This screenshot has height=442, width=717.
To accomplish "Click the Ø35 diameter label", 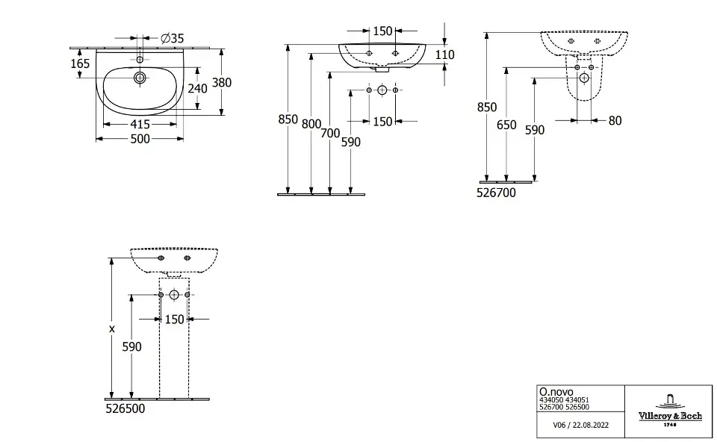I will click(173, 38).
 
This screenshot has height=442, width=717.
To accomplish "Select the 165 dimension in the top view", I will click(81, 63).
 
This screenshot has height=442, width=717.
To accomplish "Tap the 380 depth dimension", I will click(222, 83).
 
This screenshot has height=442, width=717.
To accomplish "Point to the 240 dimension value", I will click(196, 87).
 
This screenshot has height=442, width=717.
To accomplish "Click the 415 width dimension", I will click(140, 125).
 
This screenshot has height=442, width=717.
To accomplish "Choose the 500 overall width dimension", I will click(140, 139).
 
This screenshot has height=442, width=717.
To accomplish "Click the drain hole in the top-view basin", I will click(139, 78).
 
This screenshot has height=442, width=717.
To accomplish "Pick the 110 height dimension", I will click(445, 55).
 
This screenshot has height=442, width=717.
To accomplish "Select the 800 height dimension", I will click(311, 124).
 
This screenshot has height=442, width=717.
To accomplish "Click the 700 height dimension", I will click(331, 134).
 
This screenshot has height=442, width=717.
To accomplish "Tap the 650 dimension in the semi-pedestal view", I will click(506, 125).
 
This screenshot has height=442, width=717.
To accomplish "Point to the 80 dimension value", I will click(615, 120).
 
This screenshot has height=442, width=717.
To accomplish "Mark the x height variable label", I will click(112, 329).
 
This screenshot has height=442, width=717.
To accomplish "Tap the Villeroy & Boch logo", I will click(668, 411).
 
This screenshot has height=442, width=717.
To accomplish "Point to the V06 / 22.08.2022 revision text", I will click(580, 425).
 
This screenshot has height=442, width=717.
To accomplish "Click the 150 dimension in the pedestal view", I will click(174, 320).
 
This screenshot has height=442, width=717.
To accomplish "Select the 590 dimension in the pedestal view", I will click(131, 346).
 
